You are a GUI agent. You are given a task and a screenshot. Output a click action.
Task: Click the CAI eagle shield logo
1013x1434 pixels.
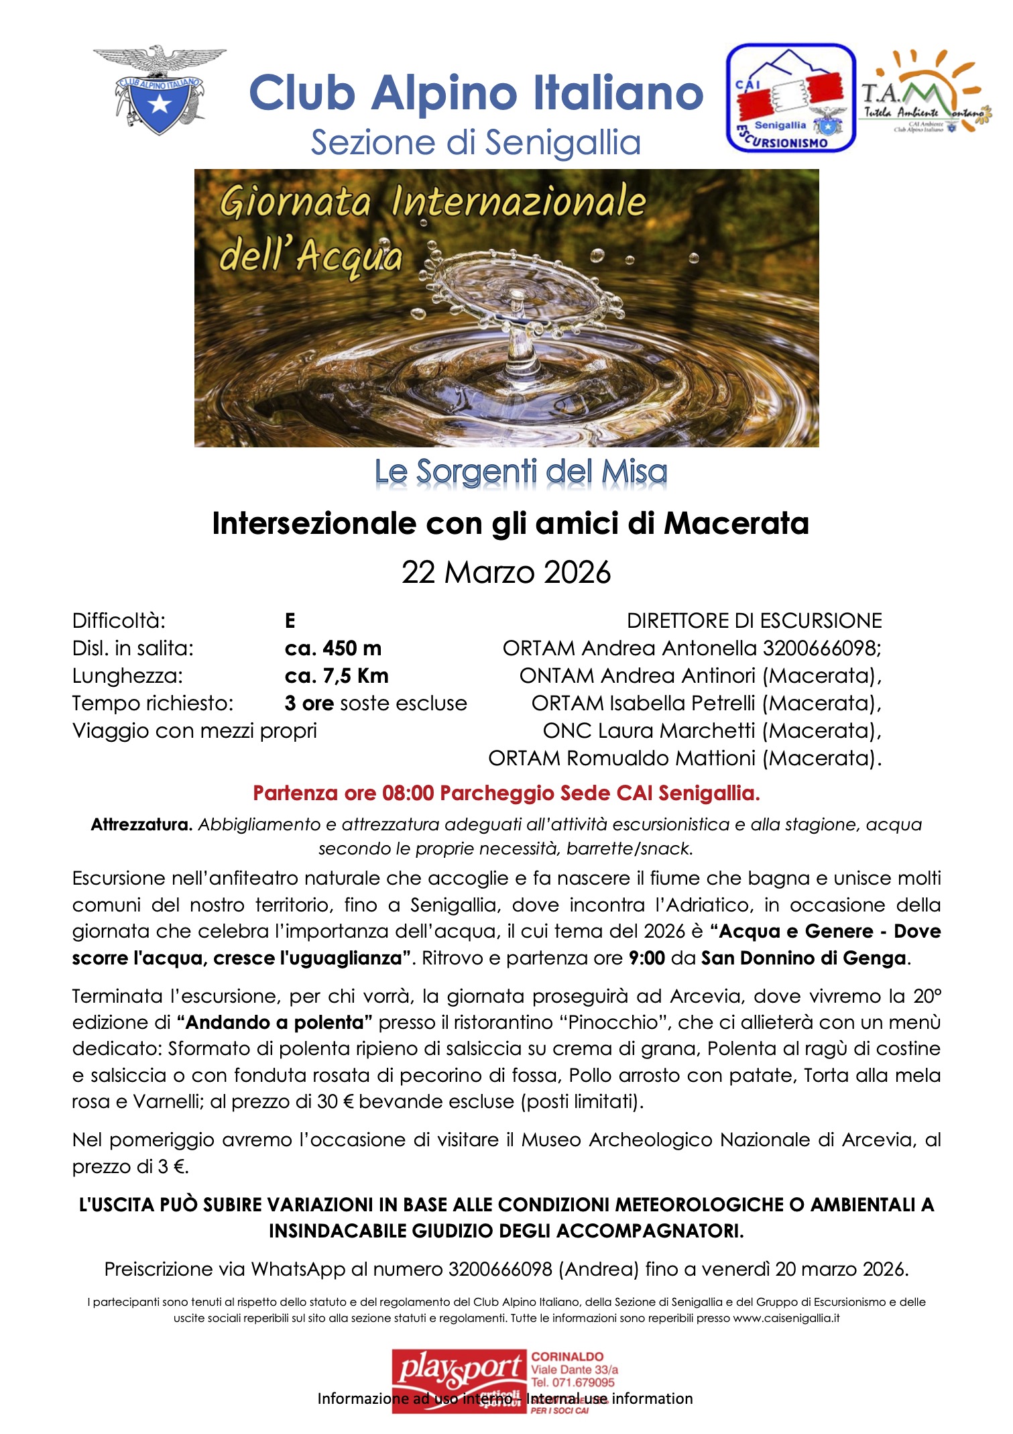[160, 90]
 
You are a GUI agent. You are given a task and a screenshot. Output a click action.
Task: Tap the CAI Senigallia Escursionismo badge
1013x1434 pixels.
[790, 98]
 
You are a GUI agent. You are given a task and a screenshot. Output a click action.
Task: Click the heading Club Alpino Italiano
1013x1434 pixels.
[476, 93]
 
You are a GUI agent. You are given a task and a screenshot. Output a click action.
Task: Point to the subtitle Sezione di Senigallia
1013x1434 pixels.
[476, 142]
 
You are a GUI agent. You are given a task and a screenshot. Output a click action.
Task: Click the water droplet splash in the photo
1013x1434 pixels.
[516, 315]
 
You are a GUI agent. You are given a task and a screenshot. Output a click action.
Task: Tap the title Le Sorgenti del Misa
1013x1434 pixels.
[521, 472]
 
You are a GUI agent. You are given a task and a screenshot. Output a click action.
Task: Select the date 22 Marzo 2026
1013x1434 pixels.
[506, 572]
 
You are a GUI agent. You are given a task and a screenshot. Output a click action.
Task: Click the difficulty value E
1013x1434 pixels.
[290, 620]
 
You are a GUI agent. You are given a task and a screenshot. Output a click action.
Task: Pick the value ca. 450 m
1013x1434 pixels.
[333, 648]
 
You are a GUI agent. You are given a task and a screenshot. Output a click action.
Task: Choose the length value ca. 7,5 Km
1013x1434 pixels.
[337, 675]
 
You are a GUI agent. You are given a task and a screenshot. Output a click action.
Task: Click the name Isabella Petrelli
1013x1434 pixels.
[684, 703]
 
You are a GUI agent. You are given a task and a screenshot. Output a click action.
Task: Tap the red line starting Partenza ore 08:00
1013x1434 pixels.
[506, 793]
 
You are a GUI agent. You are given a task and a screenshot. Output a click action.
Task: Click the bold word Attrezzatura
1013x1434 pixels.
[142, 824]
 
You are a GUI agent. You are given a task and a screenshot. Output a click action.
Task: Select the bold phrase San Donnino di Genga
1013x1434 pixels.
[803, 958]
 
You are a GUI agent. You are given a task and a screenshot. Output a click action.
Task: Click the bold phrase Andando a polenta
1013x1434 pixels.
[275, 1022]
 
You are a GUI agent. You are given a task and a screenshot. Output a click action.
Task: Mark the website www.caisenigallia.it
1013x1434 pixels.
[786, 1317]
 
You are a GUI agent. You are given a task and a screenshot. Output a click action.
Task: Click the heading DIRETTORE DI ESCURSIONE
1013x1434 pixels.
[754, 620]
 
